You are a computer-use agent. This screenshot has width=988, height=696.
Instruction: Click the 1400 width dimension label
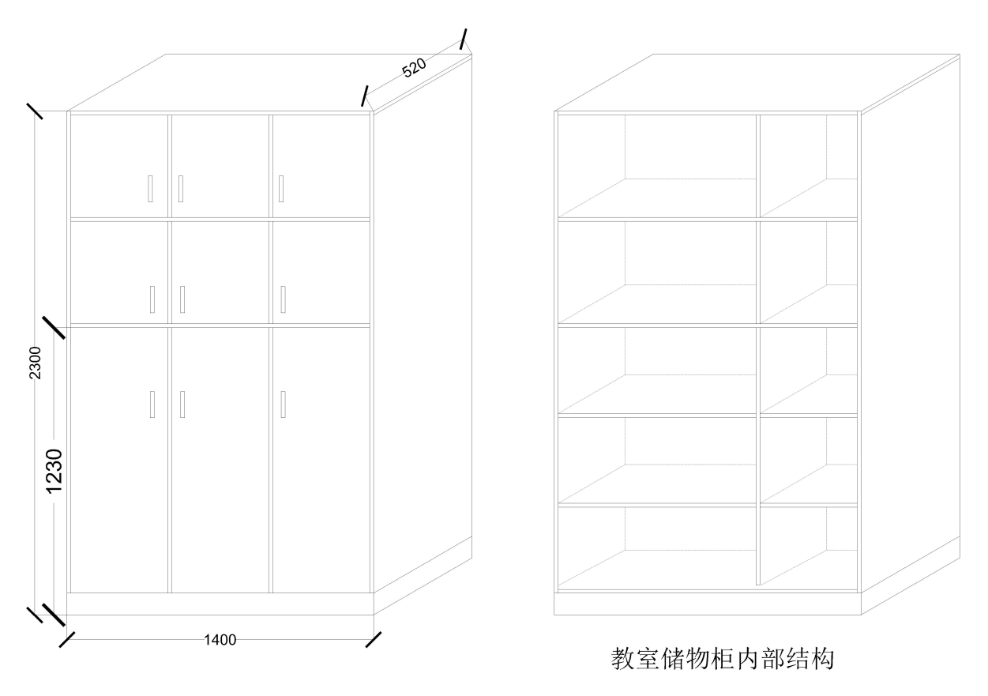220,639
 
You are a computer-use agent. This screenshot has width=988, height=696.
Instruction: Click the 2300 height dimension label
35,363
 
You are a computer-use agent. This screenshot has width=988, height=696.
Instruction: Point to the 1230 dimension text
54,471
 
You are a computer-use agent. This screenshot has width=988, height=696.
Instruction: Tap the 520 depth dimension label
414,67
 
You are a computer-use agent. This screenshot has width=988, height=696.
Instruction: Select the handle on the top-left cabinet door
150,189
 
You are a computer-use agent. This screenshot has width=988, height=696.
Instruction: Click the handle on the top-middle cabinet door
181,189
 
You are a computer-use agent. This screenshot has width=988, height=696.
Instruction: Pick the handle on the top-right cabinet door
281,189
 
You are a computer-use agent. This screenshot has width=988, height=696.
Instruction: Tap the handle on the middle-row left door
152,299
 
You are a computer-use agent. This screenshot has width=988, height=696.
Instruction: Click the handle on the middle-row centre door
182,299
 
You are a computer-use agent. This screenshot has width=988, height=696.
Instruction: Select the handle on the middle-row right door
284,299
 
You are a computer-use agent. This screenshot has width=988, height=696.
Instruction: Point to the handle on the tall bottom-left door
152,404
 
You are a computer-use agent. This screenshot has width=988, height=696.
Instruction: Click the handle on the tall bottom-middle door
182,404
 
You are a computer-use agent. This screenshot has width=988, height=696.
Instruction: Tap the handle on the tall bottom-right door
284,404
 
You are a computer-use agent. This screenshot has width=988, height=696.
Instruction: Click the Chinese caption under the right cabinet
723,660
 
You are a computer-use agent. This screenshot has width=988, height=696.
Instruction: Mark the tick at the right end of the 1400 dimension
374,639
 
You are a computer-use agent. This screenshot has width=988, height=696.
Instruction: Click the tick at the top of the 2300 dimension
35,111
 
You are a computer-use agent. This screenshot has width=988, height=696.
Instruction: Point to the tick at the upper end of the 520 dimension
463,40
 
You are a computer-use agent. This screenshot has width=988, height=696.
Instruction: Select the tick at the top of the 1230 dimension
54,328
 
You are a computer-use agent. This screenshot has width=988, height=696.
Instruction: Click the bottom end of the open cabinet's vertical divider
758,585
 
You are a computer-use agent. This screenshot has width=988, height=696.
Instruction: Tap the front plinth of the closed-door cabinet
220,604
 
